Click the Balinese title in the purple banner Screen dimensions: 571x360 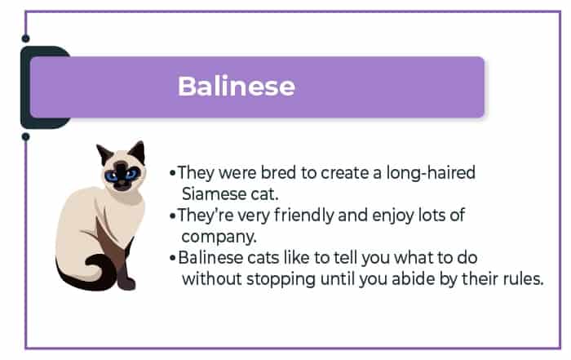coord(237,86)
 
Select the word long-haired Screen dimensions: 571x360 coord(431,173)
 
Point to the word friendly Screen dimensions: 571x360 coord(303,216)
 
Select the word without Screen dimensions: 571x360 coord(212,279)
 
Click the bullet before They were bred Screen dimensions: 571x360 coord(173,173)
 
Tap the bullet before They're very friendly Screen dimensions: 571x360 coord(173,216)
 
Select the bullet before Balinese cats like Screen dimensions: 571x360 coord(173,258)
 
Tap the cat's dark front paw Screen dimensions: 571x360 coord(126,282)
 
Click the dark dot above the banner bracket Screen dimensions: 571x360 coord(25,38)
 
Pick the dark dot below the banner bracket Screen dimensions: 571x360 coord(25,137)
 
